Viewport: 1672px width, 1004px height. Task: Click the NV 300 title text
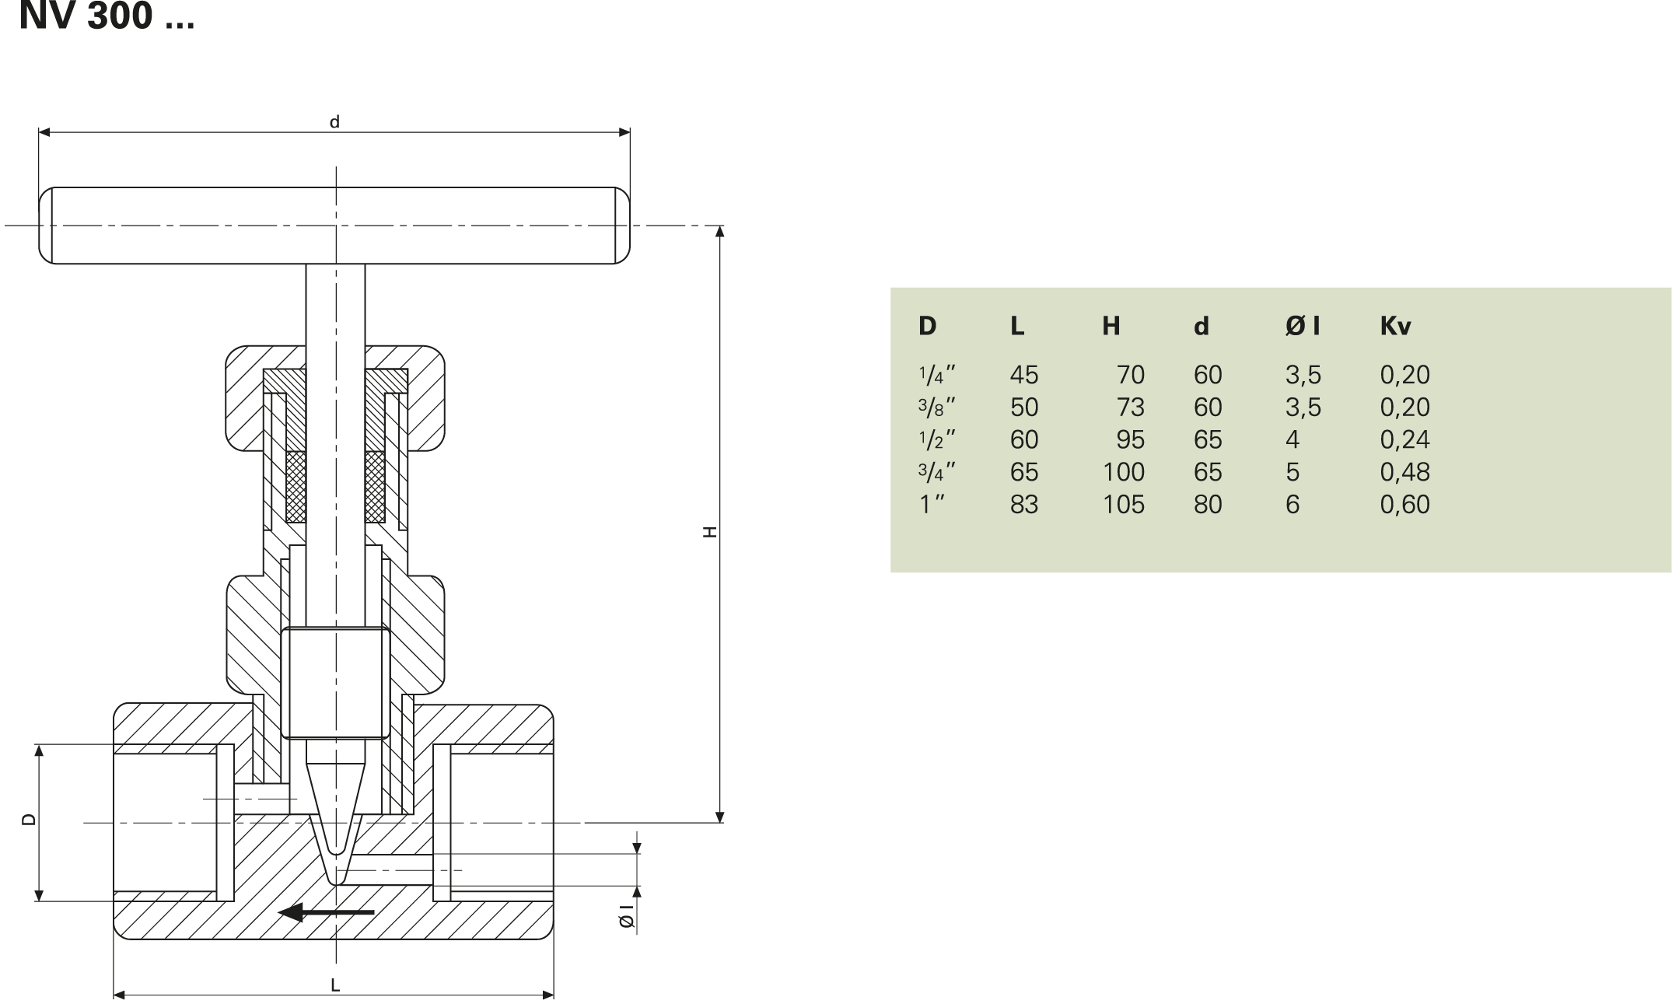point(107,16)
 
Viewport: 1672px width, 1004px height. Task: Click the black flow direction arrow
point(326,912)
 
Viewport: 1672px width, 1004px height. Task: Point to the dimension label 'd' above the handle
point(334,121)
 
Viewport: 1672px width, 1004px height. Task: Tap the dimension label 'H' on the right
point(709,532)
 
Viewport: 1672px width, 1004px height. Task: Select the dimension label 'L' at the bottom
point(335,985)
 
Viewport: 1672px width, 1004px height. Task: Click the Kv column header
point(1395,326)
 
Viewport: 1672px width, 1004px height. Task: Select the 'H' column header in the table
point(1111,326)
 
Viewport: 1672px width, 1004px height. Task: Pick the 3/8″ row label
point(936,407)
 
